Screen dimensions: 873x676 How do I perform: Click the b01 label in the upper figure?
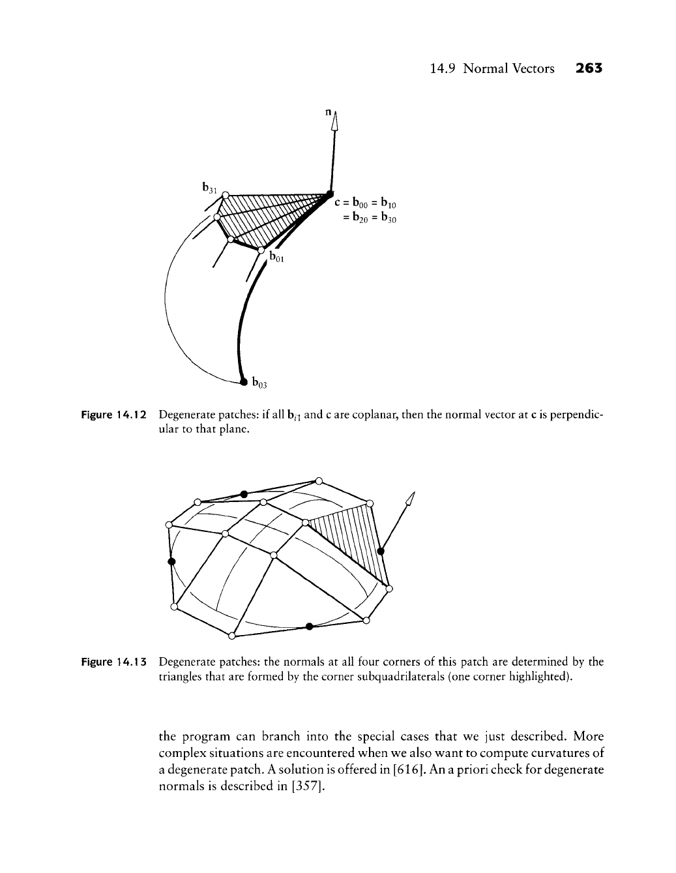tap(277, 259)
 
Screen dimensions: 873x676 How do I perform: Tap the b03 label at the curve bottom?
tap(259, 383)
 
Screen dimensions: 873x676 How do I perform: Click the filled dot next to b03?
tap(243, 380)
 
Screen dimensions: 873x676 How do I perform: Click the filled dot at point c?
tap(331, 192)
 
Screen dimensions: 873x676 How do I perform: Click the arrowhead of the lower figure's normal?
tap(410, 498)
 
